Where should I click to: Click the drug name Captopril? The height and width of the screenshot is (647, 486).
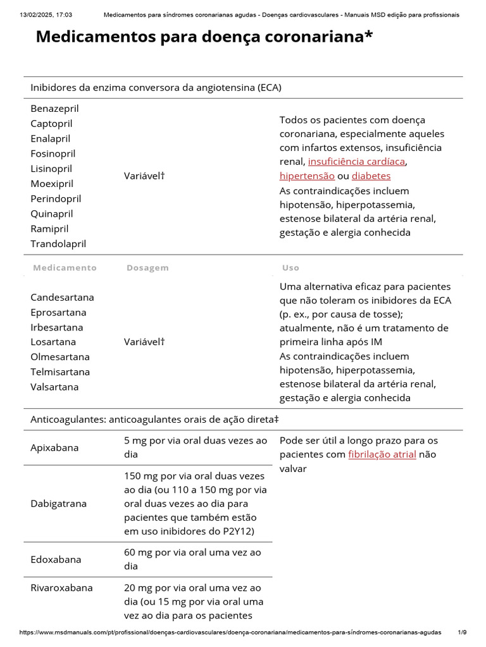pos(51,123)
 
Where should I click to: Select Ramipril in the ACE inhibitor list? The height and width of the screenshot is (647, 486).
pos(49,229)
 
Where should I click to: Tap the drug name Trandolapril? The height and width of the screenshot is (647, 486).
pos(58,244)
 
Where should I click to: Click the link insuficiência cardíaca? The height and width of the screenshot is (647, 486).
pos(356,162)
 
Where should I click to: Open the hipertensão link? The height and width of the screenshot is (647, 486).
pos(307,176)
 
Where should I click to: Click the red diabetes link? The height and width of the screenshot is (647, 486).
pos(371,176)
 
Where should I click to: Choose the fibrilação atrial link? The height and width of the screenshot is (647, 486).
pos(382,454)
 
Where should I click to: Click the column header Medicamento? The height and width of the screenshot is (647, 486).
pos(65,267)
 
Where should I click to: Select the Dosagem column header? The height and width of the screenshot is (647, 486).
pos(147,267)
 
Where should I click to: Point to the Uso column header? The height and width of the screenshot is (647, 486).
pos(290,267)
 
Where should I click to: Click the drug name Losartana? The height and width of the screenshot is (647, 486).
pos(53,342)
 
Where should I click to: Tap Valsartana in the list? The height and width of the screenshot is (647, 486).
pos(54,387)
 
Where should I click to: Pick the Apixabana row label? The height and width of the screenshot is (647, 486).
pos(54,447)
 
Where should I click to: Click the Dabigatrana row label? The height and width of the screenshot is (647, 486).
pos(58,504)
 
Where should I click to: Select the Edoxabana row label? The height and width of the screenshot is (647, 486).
pos(56,559)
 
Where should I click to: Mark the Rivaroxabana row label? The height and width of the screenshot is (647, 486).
pos(61,588)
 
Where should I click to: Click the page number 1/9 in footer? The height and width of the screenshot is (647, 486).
pos(462,632)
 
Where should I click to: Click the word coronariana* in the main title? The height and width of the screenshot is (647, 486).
pos(316,37)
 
